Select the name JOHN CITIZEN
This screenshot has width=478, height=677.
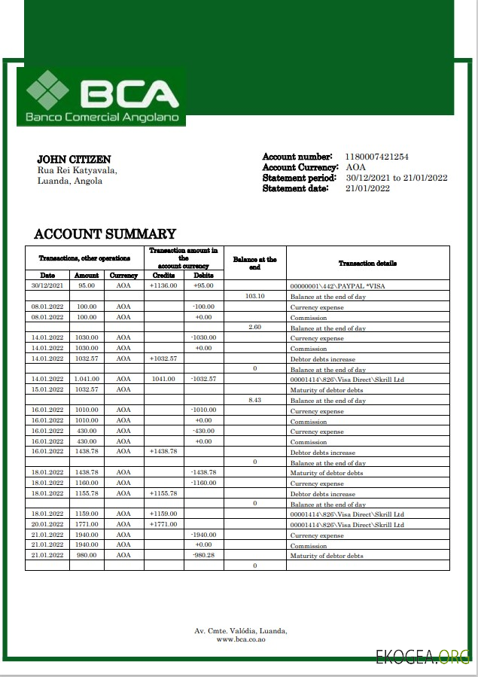coord(74,160)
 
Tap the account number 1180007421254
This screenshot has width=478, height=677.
coord(376,157)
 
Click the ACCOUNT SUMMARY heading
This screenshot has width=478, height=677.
coord(105,234)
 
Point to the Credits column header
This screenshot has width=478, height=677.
coord(163,276)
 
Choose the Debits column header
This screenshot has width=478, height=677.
coord(203,276)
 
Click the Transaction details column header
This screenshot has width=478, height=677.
coord(367,264)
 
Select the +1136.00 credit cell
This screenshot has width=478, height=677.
coord(163,286)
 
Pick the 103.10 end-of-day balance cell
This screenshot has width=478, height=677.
coord(255,297)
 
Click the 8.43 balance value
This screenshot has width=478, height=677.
coord(255,400)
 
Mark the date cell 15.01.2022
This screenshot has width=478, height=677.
coord(47,389)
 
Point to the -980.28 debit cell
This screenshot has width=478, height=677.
coord(203,555)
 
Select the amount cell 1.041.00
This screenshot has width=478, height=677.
coord(87,380)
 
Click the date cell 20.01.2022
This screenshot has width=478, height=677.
coord(47,524)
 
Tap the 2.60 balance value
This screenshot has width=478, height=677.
coord(255,328)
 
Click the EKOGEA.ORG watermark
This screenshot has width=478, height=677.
coord(423,657)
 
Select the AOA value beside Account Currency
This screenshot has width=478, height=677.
coord(356,167)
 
